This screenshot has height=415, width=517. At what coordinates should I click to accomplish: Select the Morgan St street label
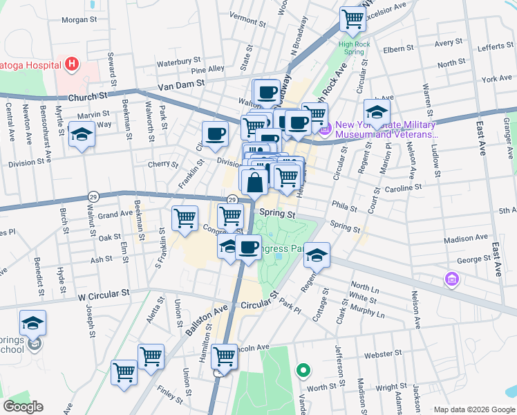pyautogui.click(x=79, y=19)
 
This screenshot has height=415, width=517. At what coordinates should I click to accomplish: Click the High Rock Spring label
pyautogui.click(x=351, y=48)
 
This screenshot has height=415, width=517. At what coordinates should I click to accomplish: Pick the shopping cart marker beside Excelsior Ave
pyautogui.click(x=352, y=19)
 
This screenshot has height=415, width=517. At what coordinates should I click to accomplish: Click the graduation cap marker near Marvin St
pyautogui.click(x=82, y=134)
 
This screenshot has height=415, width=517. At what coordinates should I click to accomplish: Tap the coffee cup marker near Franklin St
pyautogui.click(x=215, y=133)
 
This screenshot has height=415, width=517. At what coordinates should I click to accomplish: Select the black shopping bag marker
pyautogui.click(x=255, y=182)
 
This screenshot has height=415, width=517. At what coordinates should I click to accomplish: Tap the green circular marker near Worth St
pyautogui.click(x=302, y=371)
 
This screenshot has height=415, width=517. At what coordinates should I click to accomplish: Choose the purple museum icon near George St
pyautogui.click(x=452, y=279)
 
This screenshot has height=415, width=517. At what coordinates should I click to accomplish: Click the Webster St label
pyautogui.click(x=378, y=355)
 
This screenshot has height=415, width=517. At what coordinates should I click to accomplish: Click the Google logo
pyautogui.click(x=23, y=407)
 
